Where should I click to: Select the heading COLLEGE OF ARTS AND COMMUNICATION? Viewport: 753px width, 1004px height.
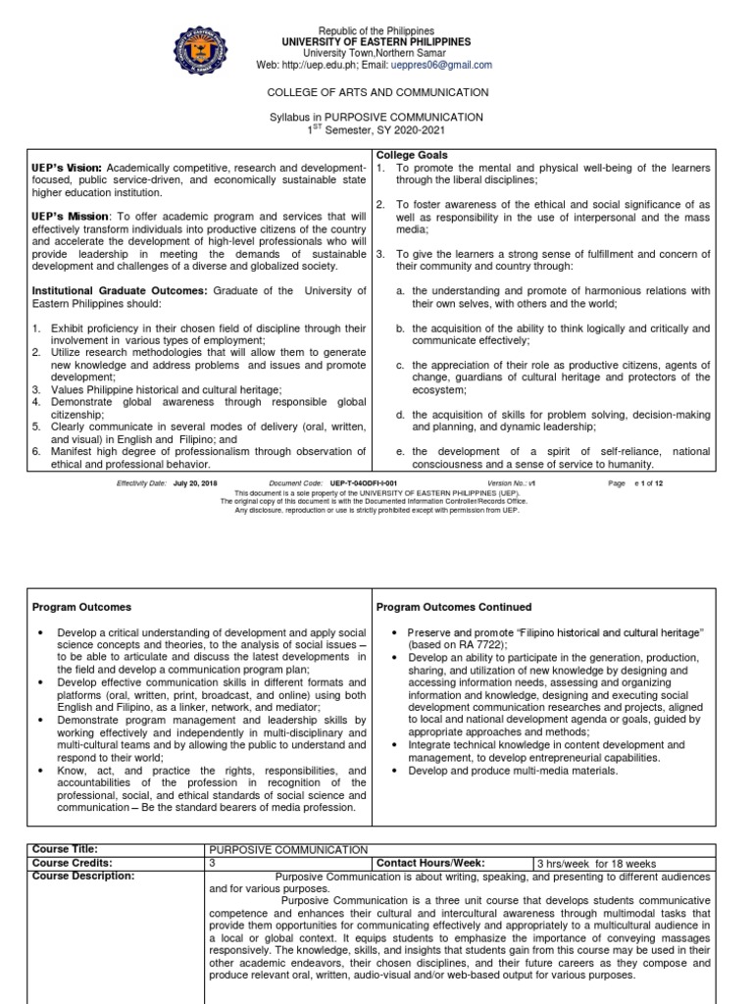(377, 92)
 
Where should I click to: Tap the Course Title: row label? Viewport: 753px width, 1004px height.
(66, 849)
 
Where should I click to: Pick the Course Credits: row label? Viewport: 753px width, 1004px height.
(72, 863)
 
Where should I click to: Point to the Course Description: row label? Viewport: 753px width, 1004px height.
(82, 876)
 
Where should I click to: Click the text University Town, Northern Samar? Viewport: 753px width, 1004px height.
(377, 54)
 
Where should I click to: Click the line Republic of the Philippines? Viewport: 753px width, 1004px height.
(377, 31)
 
